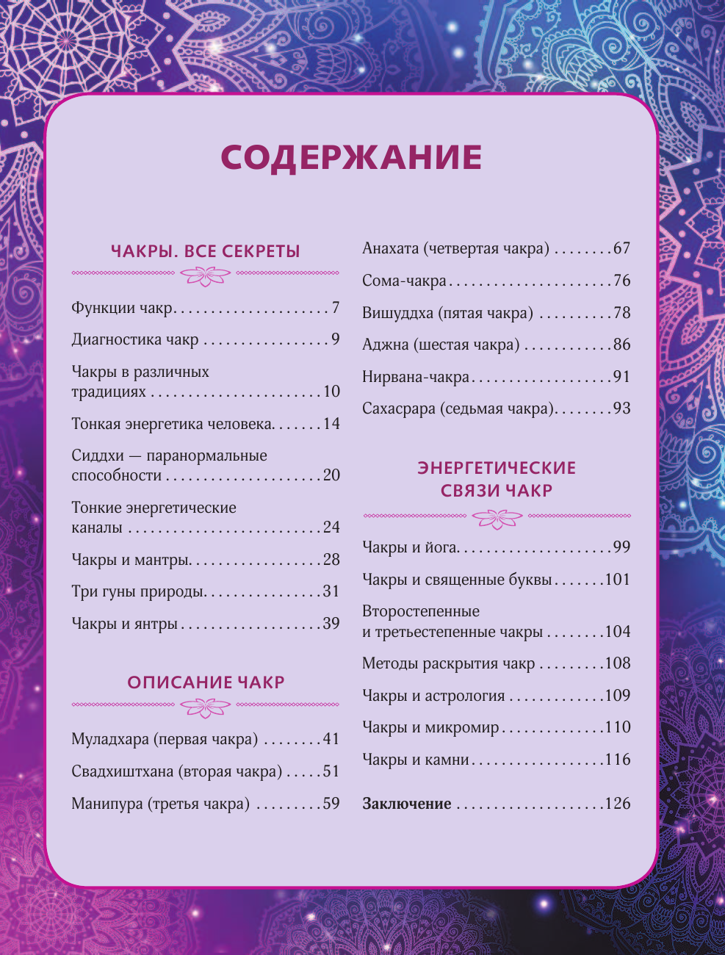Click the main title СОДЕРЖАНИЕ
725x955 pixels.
point(351,157)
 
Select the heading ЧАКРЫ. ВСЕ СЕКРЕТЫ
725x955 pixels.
point(206,251)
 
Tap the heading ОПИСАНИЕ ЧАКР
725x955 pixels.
point(206,682)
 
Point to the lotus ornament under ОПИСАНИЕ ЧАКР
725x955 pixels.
point(206,707)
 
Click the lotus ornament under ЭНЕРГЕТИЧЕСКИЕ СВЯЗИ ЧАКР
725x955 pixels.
point(497,519)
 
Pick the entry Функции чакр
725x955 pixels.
point(121,308)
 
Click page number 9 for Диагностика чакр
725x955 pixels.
point(335,339)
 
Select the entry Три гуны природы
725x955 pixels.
point(137,591)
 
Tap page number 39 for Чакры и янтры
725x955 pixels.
point(331,624)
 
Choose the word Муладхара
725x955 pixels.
point(110,739)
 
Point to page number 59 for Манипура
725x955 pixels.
point(331,804)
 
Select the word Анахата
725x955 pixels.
point(390,248)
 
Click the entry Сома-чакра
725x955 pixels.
point(404,281)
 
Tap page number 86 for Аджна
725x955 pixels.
point(622,345)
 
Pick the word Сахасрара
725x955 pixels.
point(399,408)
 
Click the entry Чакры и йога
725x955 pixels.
point(409,547)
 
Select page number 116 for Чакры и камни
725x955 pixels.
point(618,760)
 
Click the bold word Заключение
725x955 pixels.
point(407,804)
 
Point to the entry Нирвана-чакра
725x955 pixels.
point(416,377)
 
